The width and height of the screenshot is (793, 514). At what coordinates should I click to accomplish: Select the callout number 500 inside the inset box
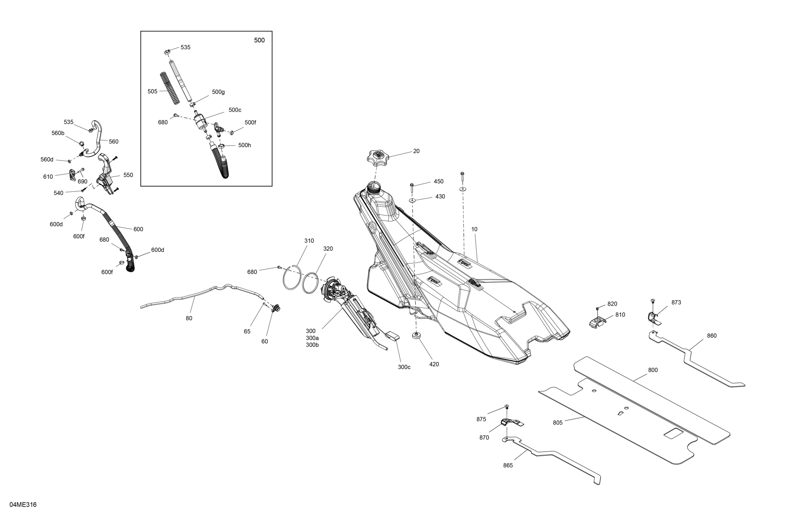(x=259, y=40)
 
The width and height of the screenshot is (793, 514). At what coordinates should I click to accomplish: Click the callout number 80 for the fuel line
(x=189, y=318)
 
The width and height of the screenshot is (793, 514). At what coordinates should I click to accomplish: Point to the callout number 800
(x=653, y=370)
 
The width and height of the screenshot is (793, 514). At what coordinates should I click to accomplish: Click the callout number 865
(x=508, y=465)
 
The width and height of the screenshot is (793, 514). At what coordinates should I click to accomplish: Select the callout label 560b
(x=58, y=133)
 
